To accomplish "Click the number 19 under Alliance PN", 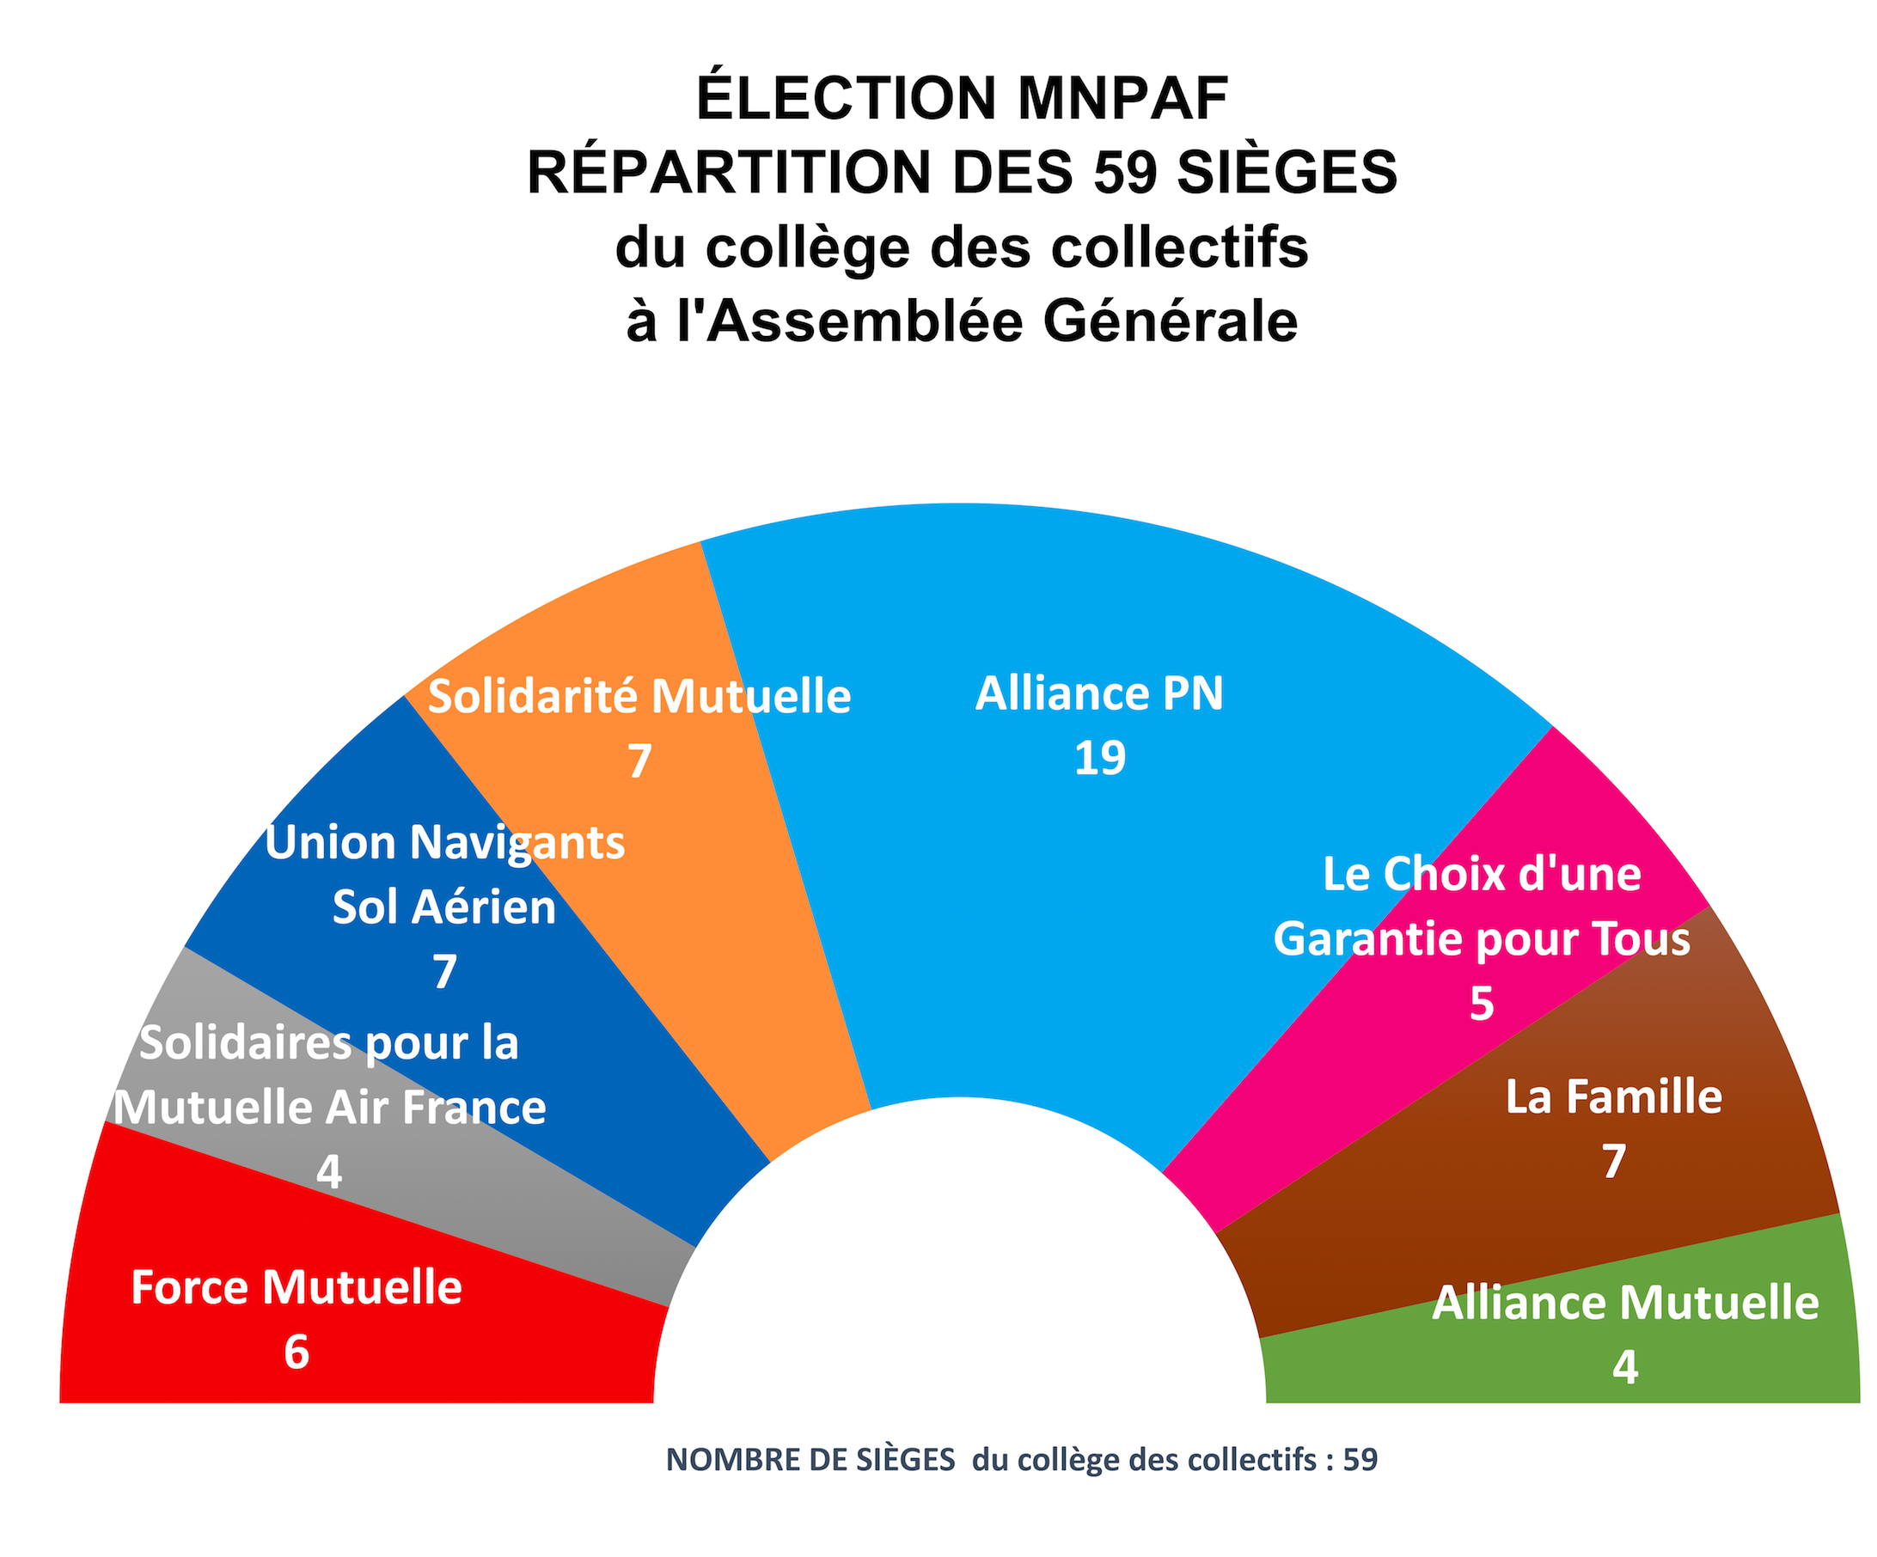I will click(1099, 758).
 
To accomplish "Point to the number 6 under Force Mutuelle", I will click(297, 1352).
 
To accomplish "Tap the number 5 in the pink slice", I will click(1481, 1004).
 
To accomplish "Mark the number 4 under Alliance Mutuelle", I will click(1625, 1367).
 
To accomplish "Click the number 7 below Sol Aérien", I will click(444, 973).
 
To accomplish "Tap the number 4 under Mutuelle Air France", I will click(329, 1172).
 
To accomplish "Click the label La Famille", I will click(1613, 1097).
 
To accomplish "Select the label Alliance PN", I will click(1099, 693).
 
